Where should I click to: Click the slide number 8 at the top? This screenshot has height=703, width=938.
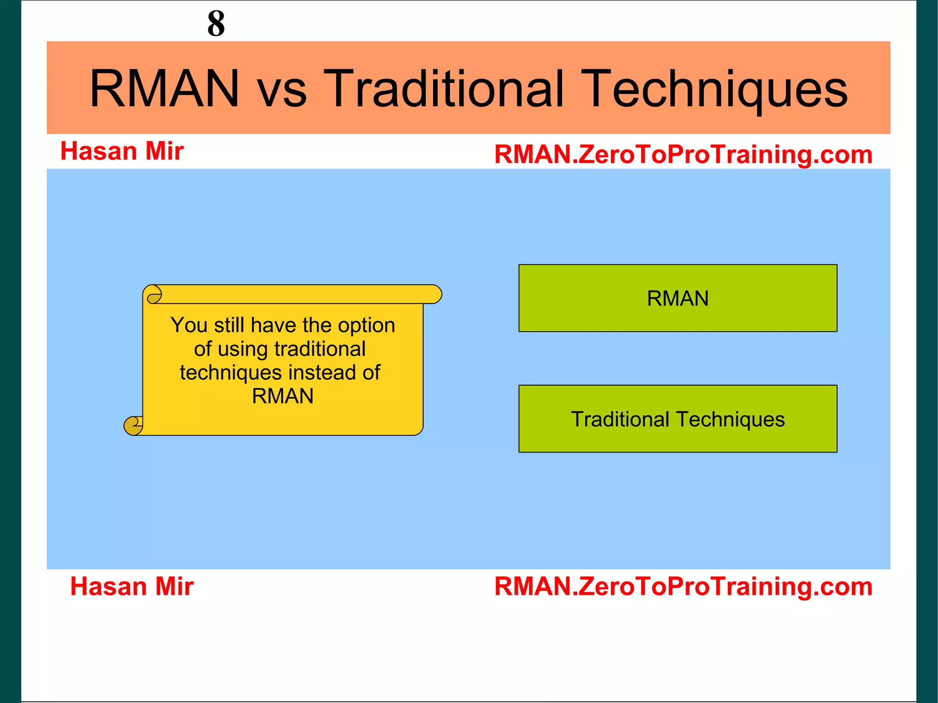coord(216,23)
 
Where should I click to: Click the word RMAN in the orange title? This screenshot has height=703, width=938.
coord(164,88)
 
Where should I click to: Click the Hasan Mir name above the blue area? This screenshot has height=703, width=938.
coord(122,151)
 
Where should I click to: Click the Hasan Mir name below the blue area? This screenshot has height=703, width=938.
coord(132,586)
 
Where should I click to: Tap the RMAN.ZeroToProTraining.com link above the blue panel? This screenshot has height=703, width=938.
coord(683,154)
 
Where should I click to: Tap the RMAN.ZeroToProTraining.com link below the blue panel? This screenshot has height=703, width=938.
coord(683,586)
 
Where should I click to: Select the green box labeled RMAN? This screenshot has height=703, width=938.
coord(677,298)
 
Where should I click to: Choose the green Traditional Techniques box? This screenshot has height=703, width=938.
coord(677,419)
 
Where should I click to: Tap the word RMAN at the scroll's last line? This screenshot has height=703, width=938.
coord(283,396)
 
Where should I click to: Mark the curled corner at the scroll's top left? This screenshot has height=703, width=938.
coord(154,294)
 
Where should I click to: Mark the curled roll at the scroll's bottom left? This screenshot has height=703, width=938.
coord(133,425)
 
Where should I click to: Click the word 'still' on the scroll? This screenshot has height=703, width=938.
coord(229,325)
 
